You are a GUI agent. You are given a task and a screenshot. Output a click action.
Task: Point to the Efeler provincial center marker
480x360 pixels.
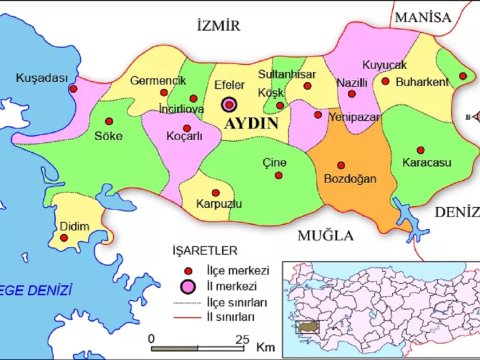[230, 103]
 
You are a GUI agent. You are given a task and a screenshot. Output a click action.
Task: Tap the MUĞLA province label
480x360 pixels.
[325, 236]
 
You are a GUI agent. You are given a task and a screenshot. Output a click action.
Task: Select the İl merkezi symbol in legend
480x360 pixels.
[186, 287]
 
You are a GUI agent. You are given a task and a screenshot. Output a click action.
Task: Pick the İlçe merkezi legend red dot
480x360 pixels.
[186, 271]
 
